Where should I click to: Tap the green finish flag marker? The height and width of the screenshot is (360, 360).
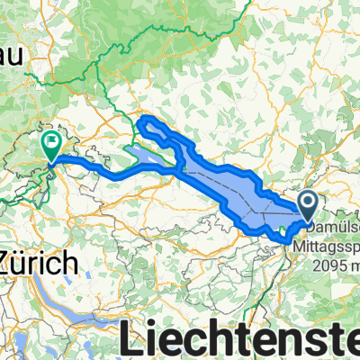(51, 144)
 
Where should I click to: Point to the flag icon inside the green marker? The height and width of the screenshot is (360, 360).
(52, 140)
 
